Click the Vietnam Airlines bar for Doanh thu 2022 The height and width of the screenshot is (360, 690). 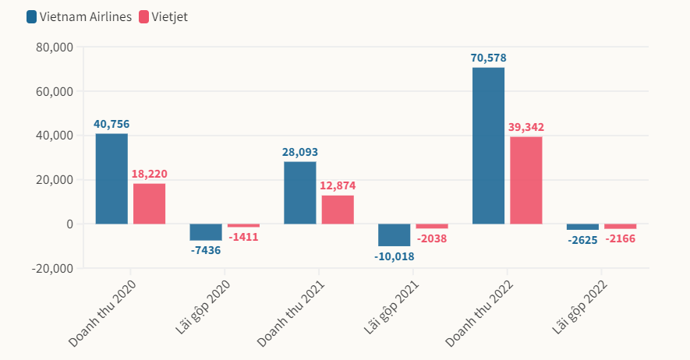coord(488,146)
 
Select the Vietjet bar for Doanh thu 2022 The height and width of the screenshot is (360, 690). coord(526,180)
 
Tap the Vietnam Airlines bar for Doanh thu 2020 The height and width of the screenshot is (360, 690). coord(111,178)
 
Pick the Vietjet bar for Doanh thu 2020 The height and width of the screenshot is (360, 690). coord(150,203)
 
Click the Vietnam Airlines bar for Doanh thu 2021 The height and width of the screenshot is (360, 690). coord(300,192)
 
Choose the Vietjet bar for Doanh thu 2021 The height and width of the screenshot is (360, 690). coord(338,210)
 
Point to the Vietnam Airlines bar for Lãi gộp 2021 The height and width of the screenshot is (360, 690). coord(394,235)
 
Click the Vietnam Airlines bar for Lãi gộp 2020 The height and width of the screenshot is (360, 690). coord(206,232)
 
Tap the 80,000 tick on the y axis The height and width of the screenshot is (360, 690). coord(55,47)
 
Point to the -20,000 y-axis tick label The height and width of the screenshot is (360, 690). coord(53,268)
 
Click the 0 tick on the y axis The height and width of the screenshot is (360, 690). coord(69,224)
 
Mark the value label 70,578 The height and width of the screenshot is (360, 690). coord(488,58)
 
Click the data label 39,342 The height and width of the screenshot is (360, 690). coord(526,127)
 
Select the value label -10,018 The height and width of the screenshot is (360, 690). coord(394,256)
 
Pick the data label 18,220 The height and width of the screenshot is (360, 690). coord(150,174)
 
